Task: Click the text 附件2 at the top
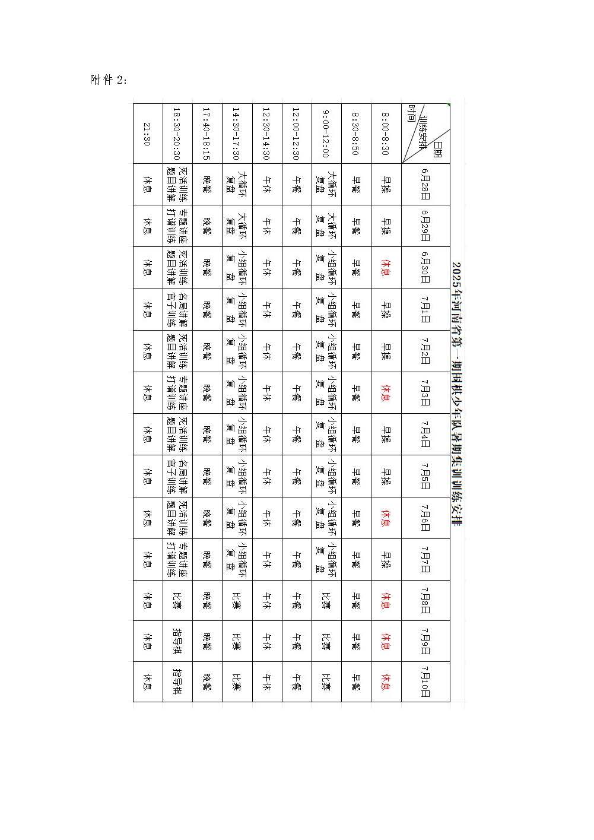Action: click(x=108, y=80)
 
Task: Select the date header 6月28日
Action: click(x=425, y=185)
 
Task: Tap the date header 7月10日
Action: click(x=425, y=681)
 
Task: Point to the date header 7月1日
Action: click(x=425, y=309)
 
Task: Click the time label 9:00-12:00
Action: click(x=326, y=133)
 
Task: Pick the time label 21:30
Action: click(x=147, y=133)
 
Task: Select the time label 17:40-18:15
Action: click(x=207, y=133)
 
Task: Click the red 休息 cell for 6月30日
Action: click(x=386, y=268)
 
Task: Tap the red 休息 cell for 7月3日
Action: click(x=386, y=392)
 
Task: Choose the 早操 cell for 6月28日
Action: click(x=386, y=185)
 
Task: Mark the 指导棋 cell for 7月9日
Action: click(x=177, y=641)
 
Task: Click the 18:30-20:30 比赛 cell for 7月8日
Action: click(x=177, y=600)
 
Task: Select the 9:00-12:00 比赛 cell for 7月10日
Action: click(x=326, y=681)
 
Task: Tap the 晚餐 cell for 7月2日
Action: click(x=207, y=351)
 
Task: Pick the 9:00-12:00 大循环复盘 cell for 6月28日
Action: click(x=326, y=185)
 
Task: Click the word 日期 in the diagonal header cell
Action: click(x=438, y=151)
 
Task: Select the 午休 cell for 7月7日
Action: click(x=266, y=559)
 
